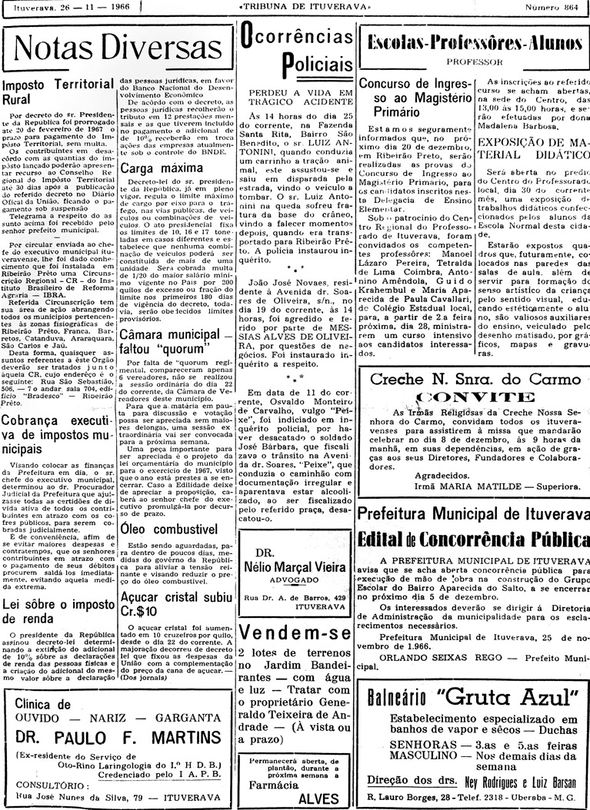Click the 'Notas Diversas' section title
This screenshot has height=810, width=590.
117,48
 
